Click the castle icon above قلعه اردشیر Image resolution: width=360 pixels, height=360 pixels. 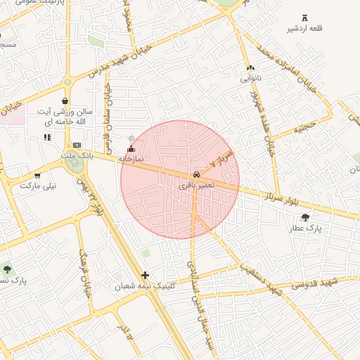coord(304,18)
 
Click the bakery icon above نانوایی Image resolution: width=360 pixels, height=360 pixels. coord(250,68)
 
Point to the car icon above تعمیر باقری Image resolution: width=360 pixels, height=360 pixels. coord(196,174)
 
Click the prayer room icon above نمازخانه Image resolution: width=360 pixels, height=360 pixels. coord(131,148)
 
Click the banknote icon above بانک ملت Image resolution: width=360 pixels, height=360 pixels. coord(77,145)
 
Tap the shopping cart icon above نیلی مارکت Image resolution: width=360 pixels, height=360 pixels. coord(37,176)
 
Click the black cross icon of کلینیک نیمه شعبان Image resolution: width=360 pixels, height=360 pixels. coord(145,275)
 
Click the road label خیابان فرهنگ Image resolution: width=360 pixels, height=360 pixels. coord(86,273)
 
